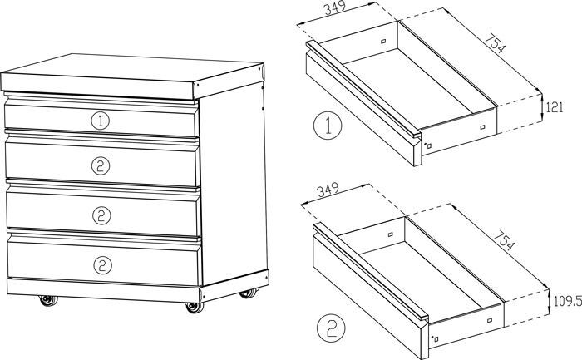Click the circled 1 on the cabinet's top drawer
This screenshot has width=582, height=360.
point(101,121)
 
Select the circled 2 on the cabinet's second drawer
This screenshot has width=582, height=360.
point(101,165)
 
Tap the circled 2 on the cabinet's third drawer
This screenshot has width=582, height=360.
point(101,215)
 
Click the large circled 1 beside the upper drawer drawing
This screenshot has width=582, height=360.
point(328,126)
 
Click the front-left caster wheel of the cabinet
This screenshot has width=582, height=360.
point(47,300)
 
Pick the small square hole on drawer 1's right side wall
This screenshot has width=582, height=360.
point(482,126)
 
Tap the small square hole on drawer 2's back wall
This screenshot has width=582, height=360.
point(388,235)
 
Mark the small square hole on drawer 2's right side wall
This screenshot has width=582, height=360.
point(490,319)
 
